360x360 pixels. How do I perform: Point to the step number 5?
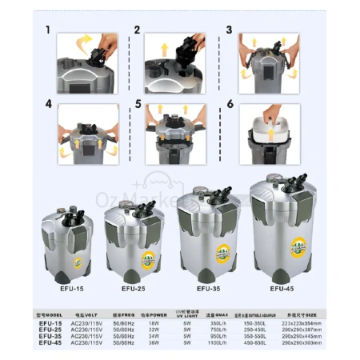click(138, 104)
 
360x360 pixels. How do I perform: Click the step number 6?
click(229, 104)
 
